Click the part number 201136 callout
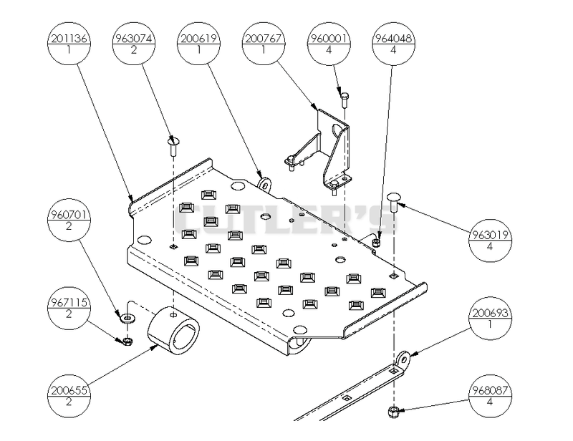coord(69,44)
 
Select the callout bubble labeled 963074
coord(134,44)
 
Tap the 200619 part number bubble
coord(199,44)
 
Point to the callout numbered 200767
coord(264,44)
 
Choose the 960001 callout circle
coord(329,44)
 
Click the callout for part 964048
coord(393,44)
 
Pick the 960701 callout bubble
coord(69,220)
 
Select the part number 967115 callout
coord(69,308)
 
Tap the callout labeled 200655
coord(69,396)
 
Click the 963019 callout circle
coord(490,241)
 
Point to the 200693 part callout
coord(490,319)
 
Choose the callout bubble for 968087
coord(490,396)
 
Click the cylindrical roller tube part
coord(173,331)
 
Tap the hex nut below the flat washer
coord(127,341)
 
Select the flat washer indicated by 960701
coord(127,319)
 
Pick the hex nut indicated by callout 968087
coord(393,412)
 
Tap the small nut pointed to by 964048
coord(376,243)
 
